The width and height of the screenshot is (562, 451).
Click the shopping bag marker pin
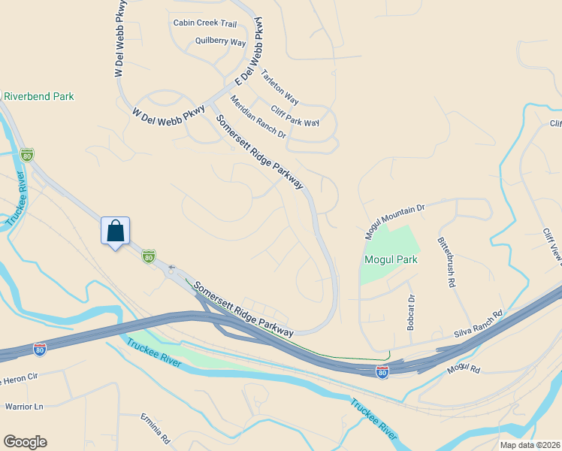(x=115, y=231)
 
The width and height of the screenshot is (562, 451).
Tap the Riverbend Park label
(x=39, y=96)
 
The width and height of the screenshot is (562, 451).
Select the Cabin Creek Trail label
(x=204, y=23)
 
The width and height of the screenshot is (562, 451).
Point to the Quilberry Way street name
(x=220, y=42)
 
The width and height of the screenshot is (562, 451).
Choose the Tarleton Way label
(x=279, y=87)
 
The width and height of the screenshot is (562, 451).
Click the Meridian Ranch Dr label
(x=258, y=117)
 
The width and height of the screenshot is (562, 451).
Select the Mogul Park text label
(x=390, y=259)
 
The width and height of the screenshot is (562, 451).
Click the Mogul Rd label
(x=462, y=368)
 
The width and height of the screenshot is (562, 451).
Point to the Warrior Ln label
(x=25, y=407)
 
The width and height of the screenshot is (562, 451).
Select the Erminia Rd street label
(x=156, y=427)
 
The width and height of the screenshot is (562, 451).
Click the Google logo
(x=25, y=442)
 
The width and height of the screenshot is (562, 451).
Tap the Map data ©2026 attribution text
(x=521, y=445)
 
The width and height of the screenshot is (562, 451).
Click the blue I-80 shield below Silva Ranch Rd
(x=382, y=371)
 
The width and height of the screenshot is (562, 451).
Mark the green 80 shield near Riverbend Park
(x=27, y=155)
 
